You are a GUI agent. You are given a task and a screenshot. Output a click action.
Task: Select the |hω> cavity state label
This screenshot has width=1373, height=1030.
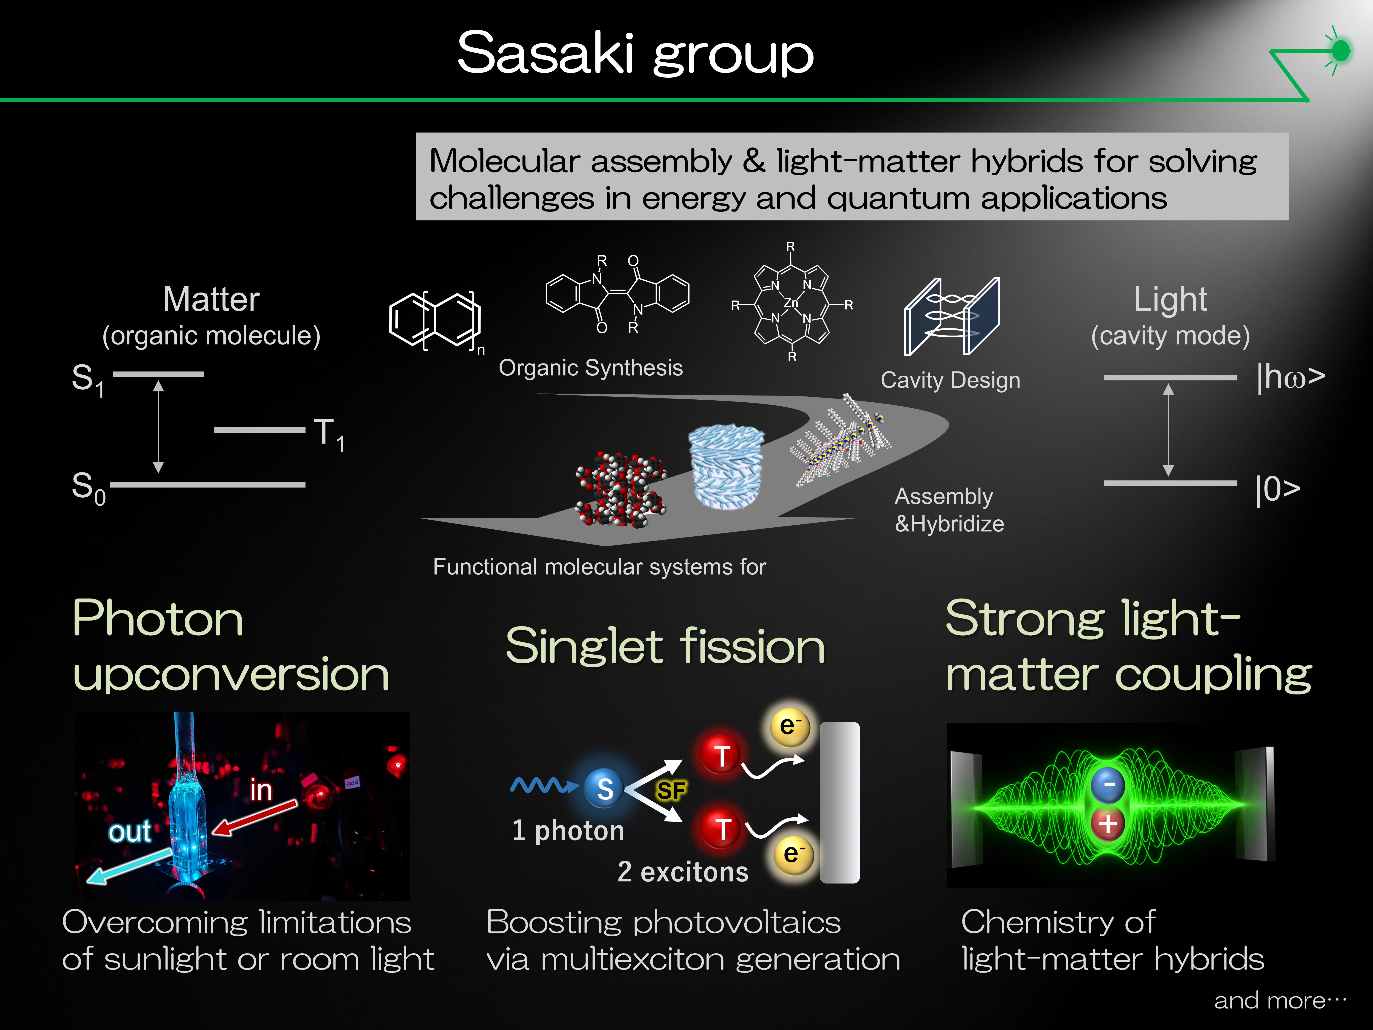tap(1290, 377)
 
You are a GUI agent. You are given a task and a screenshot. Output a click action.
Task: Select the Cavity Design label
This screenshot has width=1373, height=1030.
tap(950, 380)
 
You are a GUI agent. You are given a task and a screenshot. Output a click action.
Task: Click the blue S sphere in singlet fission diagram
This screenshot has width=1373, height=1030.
tap(605, 789)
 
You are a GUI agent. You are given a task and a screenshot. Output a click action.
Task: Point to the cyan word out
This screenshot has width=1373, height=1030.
tap(129, 832)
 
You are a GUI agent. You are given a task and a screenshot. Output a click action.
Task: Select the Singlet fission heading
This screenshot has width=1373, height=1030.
tap(665, 646)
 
